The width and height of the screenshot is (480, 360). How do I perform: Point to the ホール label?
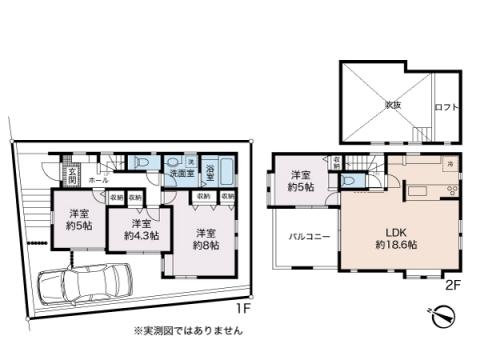point(97,181)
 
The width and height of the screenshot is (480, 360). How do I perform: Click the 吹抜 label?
point(384,103)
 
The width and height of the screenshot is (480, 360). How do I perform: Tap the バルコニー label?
point(304,237)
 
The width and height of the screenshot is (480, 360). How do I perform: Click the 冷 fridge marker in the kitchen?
point(451,163)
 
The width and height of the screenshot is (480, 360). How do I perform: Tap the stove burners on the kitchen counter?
point(450,190)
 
